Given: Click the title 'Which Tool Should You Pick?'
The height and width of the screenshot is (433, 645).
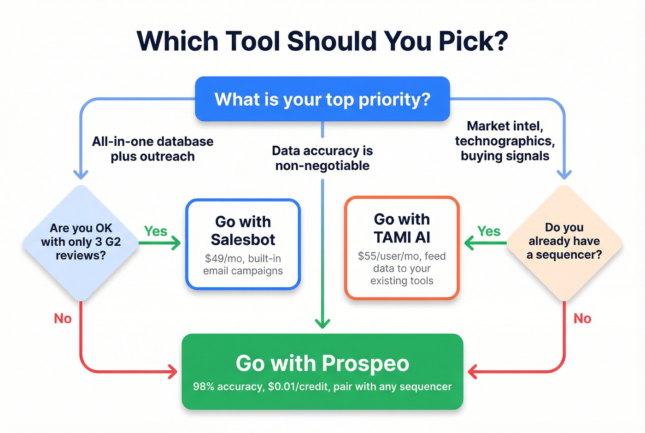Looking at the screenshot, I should [x=322, y=41].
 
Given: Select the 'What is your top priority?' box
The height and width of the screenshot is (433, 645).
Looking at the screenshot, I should [x=322, y=99].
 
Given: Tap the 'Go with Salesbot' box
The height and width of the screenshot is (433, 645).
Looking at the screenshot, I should [x=243, y=244].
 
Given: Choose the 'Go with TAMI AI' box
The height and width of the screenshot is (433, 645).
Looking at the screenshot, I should [x=402, y=248].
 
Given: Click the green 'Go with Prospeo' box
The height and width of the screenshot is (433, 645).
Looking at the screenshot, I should [x=322, y=371].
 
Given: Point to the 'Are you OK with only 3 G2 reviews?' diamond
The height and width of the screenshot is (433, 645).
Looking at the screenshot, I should [x=81, y=242].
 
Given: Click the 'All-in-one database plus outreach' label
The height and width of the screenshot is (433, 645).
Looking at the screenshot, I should [x=152, y=148].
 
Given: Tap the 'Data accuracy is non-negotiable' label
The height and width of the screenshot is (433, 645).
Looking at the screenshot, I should [x=322, y=158].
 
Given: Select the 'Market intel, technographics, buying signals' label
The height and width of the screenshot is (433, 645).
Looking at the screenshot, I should [x=505, y=141].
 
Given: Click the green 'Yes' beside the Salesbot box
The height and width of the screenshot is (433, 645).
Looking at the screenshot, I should [x=156, y=231].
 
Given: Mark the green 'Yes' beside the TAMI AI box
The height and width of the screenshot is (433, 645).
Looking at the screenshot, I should [x=489, y=231].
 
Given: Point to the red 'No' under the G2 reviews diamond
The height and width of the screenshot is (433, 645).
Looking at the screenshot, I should [x=63, y=318].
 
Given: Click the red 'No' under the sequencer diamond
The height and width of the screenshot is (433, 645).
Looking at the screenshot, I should [x=582, y=318].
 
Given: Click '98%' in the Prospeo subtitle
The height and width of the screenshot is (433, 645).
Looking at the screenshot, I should [x=204, y=386].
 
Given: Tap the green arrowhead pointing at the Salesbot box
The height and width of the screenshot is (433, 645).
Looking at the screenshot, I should [x=176, y=243].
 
